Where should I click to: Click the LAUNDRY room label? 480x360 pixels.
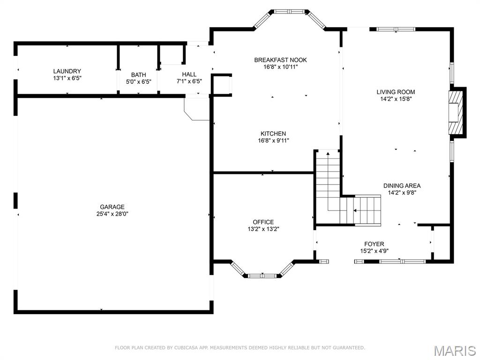click(x=67, y=71)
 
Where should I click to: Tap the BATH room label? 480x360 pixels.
click(x=138, y=75)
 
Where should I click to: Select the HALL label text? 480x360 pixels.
click(x=189, y=74)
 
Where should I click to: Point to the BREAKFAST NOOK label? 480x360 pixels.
click(x=280, y=60)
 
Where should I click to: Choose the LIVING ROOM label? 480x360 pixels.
click(x=396, y=92)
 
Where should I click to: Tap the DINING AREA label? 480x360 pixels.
click(x=402, y=186)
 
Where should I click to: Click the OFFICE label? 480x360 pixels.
click(x=263, y=222)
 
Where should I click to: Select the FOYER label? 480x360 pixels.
click(x=374, y=244)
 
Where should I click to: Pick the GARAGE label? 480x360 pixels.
click(x=112, y=207)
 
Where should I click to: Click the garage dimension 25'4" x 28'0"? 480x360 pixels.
click(x=112, y=214)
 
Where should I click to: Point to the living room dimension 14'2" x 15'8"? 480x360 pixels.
click(x=396, y=99)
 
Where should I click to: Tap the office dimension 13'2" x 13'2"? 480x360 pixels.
click(x=263, y=229)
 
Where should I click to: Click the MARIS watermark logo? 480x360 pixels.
click(x=454, y=351)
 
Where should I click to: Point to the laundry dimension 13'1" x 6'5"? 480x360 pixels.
click(x=67, y=78)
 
